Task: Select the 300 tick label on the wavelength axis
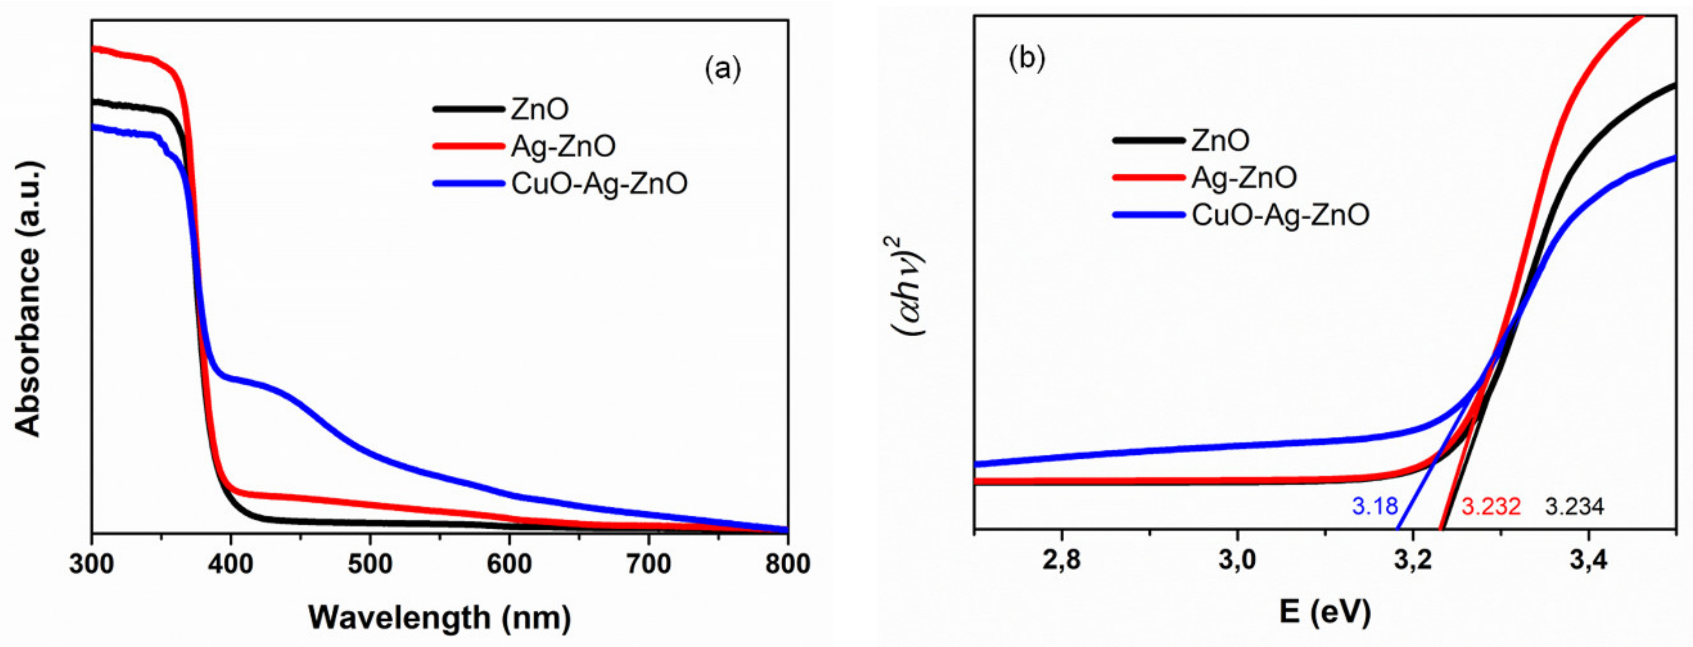(x=91, y=564)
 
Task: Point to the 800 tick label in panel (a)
(x=788, y=564)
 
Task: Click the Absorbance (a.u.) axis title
(x=28, y=299)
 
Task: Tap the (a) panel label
(x=722, y=68)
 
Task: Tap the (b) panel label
(x=1026, y=59)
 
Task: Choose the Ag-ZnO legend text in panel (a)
(x=563, y=146)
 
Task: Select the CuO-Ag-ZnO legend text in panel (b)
(x=1280, y=215)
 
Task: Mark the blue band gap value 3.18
(x=1374, y=506)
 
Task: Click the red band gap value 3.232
(x=1491, y=506)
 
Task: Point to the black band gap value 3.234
(x=1574, y=506)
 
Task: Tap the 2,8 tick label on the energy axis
(x=1061, y=560)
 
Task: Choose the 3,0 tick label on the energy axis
(x=1237, y=560)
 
